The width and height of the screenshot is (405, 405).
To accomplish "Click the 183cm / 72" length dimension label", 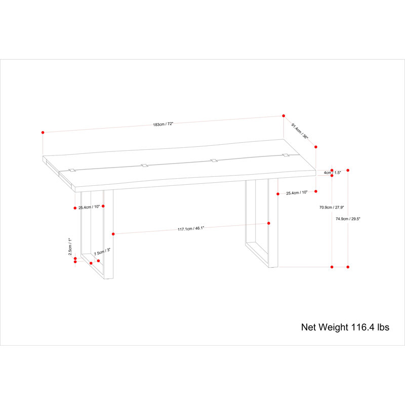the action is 163,124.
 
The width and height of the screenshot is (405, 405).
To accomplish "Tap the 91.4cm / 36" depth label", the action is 300,131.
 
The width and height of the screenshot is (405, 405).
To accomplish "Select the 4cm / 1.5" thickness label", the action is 333,173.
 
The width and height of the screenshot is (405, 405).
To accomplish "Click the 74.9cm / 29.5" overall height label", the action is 348,219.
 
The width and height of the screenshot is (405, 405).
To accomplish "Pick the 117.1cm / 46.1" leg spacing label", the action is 191,229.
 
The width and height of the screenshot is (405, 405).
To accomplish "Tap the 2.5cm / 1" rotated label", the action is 70,247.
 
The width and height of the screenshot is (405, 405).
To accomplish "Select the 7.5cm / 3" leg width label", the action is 102,252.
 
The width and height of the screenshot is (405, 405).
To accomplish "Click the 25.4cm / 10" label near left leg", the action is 89,207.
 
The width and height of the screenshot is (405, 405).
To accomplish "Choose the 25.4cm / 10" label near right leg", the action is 297,193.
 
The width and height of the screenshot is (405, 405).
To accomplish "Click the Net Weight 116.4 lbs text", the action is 345,327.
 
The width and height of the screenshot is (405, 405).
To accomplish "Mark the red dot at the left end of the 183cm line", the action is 43,133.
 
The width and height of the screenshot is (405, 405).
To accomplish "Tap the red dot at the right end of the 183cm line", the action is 283,116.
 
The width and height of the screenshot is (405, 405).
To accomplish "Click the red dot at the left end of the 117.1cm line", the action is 113,234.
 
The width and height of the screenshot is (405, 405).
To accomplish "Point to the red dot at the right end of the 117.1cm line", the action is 269,223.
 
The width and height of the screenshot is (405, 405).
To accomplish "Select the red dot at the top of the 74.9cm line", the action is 348,171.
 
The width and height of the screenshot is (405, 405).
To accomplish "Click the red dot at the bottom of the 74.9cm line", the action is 348,267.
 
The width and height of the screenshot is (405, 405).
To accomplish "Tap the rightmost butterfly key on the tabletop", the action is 286,155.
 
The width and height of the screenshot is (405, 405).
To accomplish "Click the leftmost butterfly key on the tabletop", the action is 72,170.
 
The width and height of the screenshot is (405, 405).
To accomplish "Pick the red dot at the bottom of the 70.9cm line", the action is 332,267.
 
